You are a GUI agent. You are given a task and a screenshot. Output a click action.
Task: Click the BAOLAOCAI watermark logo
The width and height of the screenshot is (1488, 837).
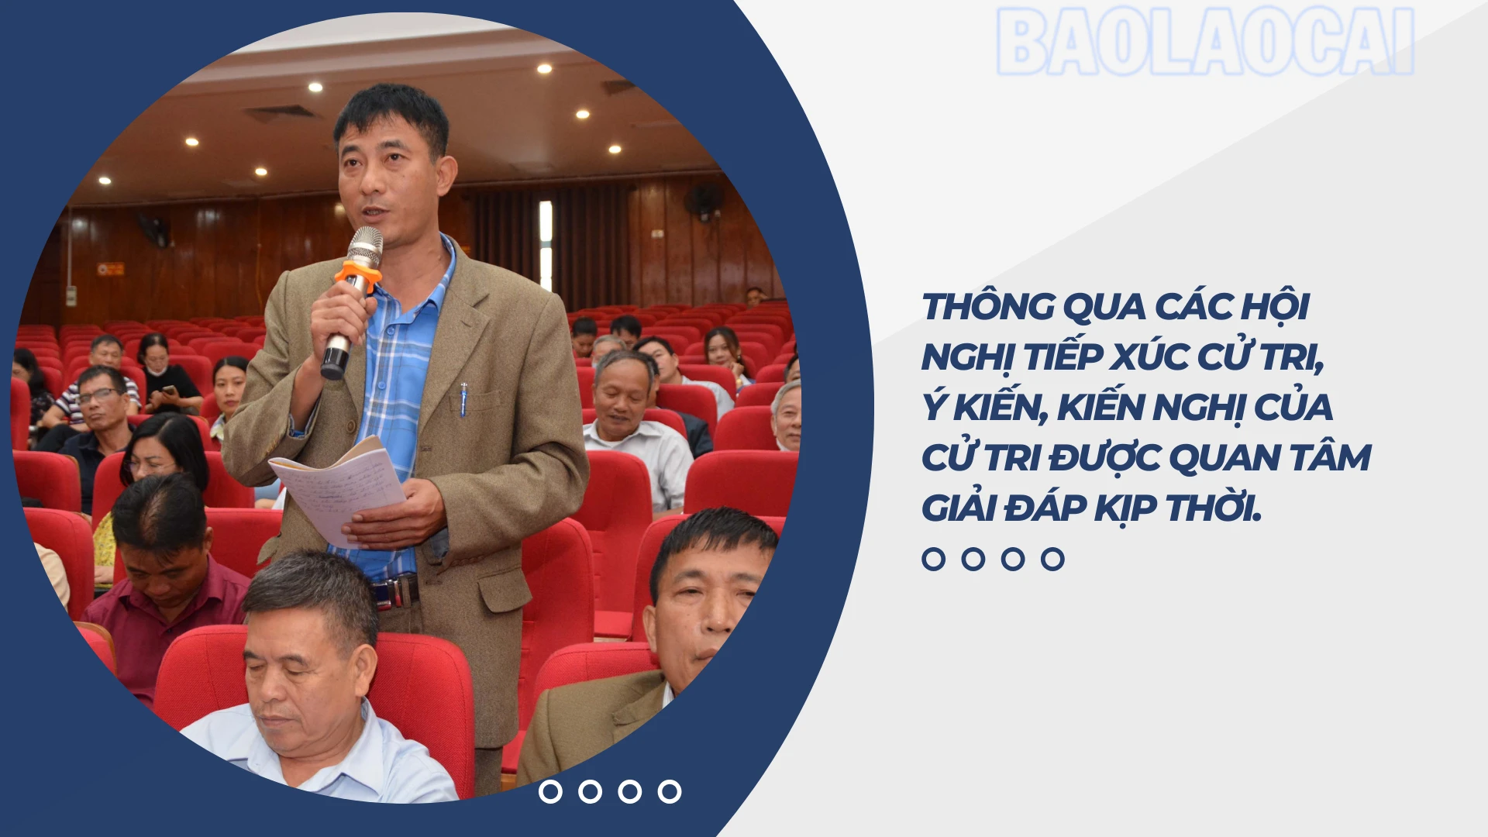pos(1205,42)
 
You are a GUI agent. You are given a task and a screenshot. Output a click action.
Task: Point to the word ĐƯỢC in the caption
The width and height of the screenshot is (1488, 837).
pos(1104,457)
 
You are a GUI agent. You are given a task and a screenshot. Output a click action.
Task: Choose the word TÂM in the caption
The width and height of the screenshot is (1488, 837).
pos(1331,457)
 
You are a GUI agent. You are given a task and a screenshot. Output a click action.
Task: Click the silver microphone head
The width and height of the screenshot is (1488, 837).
pos(365,246)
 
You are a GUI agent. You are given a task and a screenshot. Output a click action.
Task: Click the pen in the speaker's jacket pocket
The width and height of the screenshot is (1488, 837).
pos(463,398)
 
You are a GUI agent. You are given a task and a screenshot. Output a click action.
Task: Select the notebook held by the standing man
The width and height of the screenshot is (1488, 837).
pos(338,491)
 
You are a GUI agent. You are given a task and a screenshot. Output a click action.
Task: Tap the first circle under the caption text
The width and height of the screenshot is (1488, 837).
pos(934,559)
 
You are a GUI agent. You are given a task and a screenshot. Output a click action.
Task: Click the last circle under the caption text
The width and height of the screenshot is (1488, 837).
pos(1052,559)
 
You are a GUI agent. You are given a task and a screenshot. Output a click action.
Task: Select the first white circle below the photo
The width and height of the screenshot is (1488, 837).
pos(550,791)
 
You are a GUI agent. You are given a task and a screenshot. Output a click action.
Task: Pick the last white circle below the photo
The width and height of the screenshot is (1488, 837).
pos(670,791)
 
